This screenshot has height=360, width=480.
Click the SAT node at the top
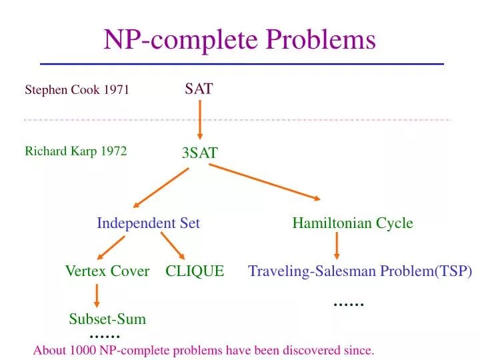click(x=199, y=89)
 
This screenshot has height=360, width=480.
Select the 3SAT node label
click(x=199, y=153)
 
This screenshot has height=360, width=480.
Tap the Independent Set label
click(x=148, y=223)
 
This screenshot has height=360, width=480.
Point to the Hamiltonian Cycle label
click(x=352, y=223)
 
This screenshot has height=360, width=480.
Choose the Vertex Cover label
click(x=107, y=271)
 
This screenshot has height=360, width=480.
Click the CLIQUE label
click(x=195, y=271)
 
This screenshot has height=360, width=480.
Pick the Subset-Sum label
click(x=107, y=319)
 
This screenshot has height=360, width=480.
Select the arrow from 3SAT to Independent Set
click(x=161, y=187)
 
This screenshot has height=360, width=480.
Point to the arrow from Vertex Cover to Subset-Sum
click(x=97, y=295)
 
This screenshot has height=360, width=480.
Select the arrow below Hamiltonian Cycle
click(x=337, y=247)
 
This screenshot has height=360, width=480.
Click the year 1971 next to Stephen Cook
click(x=116, y=91)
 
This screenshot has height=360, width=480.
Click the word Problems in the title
click(x=321, y=40)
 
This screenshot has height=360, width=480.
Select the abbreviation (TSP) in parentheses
click(x=454, y=271)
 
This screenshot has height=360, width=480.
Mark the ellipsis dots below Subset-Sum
click(x=104, y=336)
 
